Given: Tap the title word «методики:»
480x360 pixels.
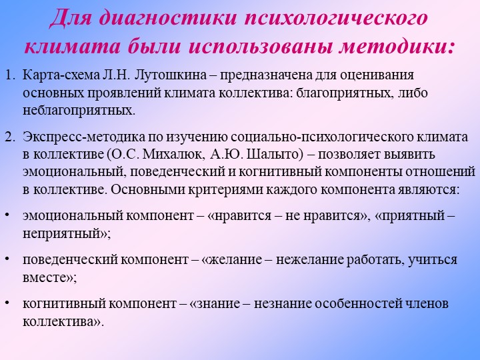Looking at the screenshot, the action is [397, 47].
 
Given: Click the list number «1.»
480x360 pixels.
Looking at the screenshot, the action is [11, 75].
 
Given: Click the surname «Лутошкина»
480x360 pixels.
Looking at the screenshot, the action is [170, 75].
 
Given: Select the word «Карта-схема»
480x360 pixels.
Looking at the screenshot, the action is [61, 75].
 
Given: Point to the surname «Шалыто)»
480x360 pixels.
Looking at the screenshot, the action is [274, 155].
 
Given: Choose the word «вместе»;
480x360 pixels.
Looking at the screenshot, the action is [49, 278].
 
